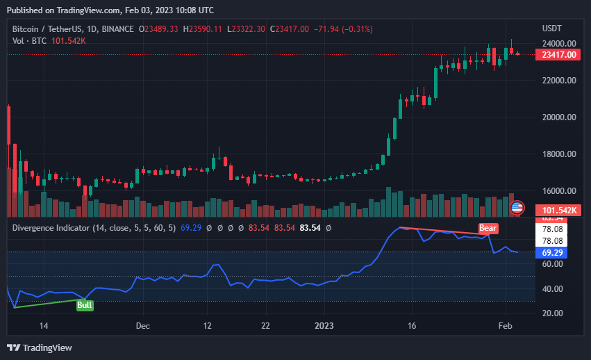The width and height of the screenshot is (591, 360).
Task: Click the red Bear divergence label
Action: (488, 227)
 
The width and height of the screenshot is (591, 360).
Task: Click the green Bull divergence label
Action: (85, 304)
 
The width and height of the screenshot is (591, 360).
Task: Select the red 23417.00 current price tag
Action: (558, 55)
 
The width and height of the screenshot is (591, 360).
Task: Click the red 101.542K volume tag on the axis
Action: (558, 209)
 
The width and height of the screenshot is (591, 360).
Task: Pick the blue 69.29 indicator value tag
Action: (552, 253)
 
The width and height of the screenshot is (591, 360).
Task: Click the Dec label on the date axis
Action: (142, 325)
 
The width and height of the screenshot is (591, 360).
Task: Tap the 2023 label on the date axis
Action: (324, 325)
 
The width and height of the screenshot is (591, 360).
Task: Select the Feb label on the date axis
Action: (506, 325)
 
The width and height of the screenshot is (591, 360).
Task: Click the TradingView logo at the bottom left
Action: (40, 347)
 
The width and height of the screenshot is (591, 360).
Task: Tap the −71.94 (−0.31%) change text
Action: (343, 29)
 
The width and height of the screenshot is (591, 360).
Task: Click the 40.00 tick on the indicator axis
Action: (553, 288)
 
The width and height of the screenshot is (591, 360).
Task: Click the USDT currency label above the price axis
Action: (551, 28)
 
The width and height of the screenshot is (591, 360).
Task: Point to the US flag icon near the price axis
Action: (517, 207)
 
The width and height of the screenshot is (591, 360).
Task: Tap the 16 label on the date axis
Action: (412, 325)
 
